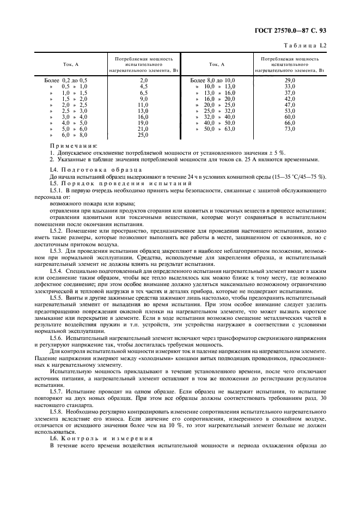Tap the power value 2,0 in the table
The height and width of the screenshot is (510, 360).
(x=144, y=80)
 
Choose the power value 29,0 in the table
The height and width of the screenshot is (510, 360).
(x=290, y=80)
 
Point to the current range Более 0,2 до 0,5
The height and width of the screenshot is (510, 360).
(x=65, y=80)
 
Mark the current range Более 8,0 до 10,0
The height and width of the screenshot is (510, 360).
(x=212, y=80)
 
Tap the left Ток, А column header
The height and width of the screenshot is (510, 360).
(x=70, y=64)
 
